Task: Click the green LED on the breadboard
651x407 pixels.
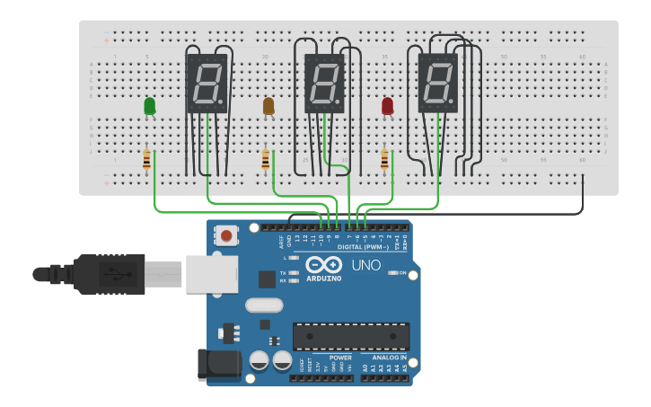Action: pos(149,106)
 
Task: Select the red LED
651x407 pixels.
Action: pos(387,106)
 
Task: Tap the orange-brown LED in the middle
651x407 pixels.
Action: pos(268,106)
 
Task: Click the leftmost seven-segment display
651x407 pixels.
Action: pos(207,84)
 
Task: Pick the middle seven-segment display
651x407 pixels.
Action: pos(324,84)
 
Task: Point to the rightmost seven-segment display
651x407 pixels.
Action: pos(438,84)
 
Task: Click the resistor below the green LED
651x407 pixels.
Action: pos(147,160)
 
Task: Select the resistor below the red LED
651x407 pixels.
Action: pos(385,160)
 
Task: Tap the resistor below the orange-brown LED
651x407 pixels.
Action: pos(266,160)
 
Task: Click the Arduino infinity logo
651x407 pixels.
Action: pos(323,265)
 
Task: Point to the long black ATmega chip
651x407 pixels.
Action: pos(350,336)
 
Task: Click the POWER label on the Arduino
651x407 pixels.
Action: pos(340,358)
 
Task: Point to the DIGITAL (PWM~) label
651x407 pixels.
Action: pos(363,246)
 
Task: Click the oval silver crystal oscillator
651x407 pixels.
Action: pos(264,305)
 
